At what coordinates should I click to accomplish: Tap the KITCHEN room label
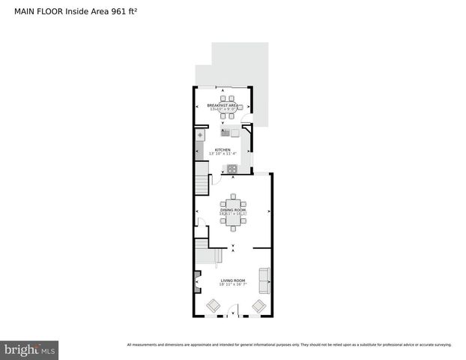[223, 150]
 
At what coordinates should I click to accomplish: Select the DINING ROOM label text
[232, 210]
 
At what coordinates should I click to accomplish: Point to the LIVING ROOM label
[232, 280]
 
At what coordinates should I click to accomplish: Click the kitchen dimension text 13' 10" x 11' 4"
[223, 154]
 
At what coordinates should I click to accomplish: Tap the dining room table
[233, 211]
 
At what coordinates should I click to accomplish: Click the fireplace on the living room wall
[197, 280]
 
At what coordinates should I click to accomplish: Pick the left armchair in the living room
[213, 305]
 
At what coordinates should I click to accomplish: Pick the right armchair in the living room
[258, 305]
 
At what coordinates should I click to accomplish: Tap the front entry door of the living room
[234, 310]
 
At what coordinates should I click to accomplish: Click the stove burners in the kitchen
[232, 168]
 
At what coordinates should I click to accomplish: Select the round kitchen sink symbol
[200, 136]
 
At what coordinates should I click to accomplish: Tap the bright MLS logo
[29, 349]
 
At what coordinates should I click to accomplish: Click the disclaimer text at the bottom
[289, 345]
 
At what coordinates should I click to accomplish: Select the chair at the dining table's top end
[233, 198]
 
